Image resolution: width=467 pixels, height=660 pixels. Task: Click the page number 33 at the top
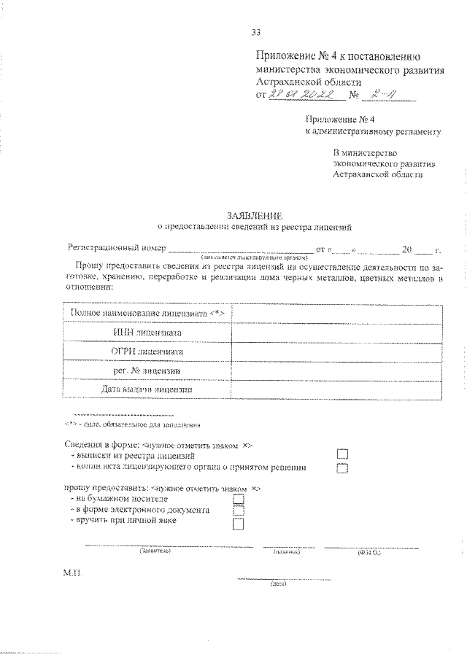click(256, 31)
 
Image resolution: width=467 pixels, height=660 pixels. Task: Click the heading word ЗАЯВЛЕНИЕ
click(255, 216)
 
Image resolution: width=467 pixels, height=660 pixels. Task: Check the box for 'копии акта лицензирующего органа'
click(343, 468)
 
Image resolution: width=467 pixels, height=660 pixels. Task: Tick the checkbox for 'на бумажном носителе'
click(238, 499)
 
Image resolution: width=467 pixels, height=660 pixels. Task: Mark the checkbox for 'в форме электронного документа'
click(238, 510)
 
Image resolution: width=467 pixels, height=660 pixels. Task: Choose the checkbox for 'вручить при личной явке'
click(238, 523)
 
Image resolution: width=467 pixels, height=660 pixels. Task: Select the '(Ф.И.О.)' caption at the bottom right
click(368, 553)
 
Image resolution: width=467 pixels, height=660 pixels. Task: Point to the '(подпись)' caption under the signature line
click(286, 552)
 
